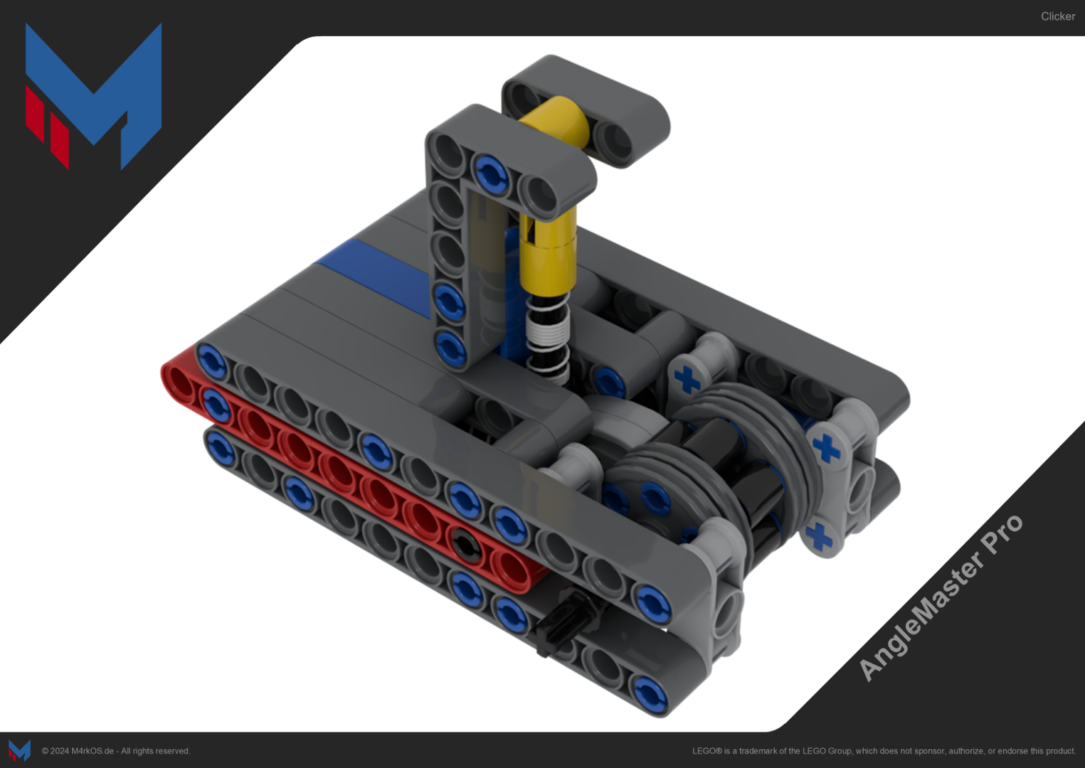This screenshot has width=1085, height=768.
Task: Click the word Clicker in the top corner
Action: (1057, 16)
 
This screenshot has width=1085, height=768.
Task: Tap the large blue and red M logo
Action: (93, 96)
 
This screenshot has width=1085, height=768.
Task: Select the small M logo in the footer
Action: (19, 750)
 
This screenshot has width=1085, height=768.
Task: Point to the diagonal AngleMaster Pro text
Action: (940, 597)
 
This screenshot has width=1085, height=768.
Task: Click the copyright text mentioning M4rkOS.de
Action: (116, 751)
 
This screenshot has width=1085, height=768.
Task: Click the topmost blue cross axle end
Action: (687, 380)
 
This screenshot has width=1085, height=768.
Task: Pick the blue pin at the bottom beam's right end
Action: (649, 693)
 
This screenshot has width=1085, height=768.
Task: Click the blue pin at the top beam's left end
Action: (211, 360)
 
